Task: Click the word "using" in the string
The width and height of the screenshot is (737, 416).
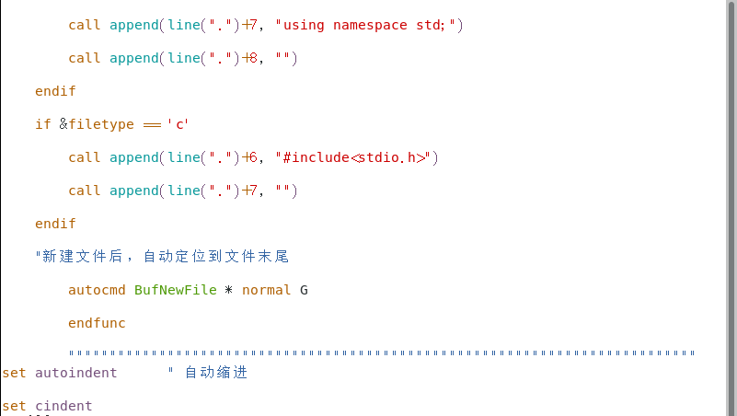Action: click(x=304, y=25)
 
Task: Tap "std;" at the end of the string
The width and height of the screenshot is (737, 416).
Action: click(x=432, y=25)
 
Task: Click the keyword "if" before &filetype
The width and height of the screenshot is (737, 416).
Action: click(x=43, y=124)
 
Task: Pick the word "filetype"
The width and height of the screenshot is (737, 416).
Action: click(x=101, y=124)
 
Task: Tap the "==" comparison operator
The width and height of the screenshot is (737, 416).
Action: click(x=152, y=124)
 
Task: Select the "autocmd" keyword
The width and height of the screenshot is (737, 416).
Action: click(x=97, y=290)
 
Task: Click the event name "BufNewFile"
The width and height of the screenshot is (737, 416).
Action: click(x=176, y=290)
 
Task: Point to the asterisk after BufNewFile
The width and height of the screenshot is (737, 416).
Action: click(x=229, y=290)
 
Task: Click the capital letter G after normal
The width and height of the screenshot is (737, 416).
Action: click(x=304, y=290)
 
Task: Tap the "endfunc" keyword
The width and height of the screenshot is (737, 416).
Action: click(x=97, y=323)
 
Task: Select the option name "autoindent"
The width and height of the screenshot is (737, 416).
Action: click(x=76, y=373)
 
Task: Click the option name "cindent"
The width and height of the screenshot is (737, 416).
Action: click(x=63, y=406)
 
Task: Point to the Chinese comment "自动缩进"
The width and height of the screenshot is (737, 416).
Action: click(x=216, y=373)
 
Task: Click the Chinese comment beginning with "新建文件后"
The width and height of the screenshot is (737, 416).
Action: click(x=166, y=257)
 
